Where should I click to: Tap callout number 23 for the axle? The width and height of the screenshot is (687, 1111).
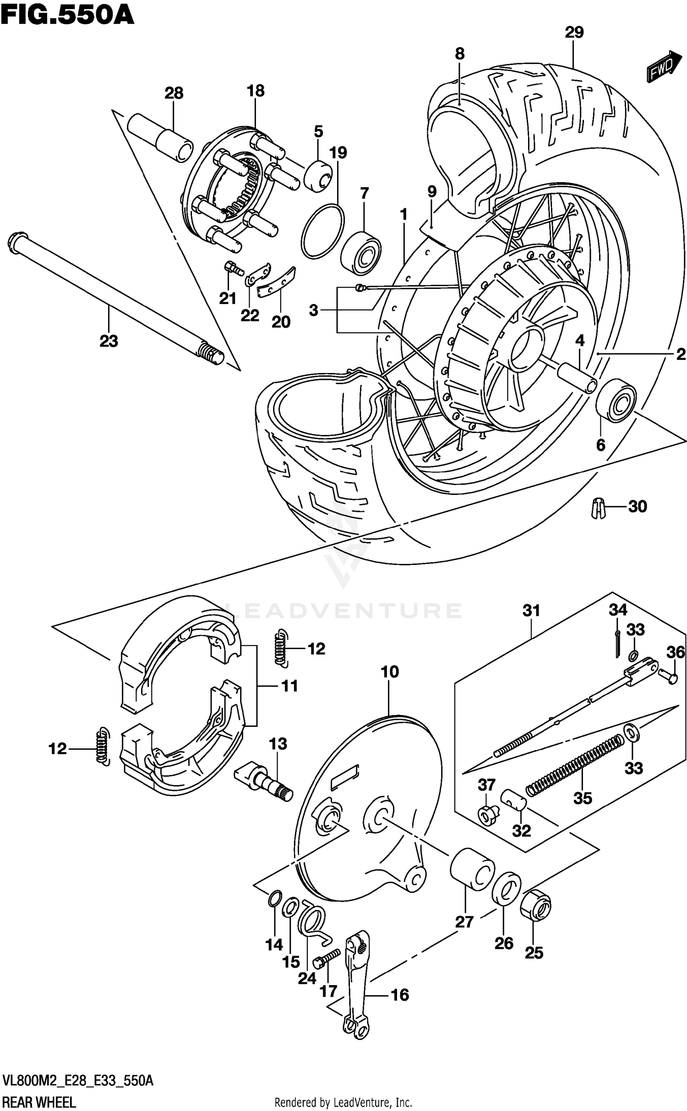109,341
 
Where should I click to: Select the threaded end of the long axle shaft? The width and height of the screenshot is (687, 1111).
211,353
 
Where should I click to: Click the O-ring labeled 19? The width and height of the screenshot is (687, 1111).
322,231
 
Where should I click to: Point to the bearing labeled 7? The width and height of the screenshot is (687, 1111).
363,254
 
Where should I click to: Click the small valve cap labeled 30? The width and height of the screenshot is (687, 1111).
596,507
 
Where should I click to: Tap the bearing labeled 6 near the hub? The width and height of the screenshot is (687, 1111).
616,398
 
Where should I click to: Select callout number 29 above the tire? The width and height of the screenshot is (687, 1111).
574,33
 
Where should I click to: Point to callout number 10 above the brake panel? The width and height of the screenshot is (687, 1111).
389,672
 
